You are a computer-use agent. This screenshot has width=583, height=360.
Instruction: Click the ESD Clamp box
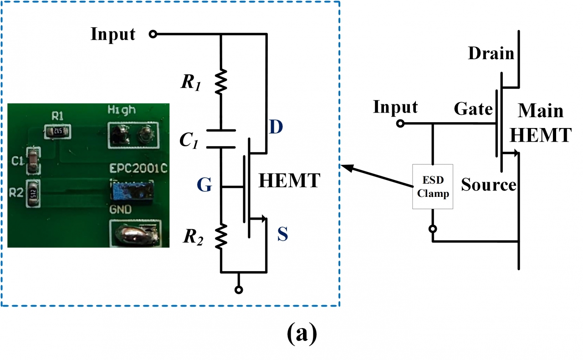(x=433, y=186)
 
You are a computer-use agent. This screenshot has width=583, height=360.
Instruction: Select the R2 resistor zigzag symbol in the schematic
(x=220, y=236)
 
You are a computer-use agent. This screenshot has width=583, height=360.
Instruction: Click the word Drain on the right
(x=491, y=54)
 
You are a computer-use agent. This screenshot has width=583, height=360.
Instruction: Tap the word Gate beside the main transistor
(x=473, y=109)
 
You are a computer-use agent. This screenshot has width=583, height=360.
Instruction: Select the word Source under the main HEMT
(x=489, y=185)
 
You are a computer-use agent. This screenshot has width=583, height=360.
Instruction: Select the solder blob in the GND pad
(x=136, y=234)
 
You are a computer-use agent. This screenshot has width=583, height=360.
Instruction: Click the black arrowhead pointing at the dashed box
(x=346, y=168)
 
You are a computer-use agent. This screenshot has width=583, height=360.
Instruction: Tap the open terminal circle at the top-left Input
(x=153, y=34)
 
